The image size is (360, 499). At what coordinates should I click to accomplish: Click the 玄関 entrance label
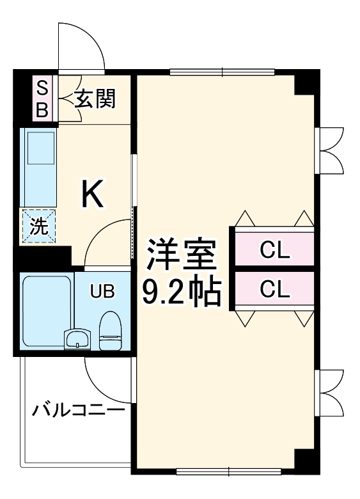pyautogui.click(x=95, y=99)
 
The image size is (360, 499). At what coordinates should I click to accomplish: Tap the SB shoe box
pyautogui.click(x=42, y=99)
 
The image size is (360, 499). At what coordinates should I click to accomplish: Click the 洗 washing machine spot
pyautogui.click(x=38, y=226)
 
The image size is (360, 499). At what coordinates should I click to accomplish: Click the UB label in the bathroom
pyautogui.click(x=102, y=291)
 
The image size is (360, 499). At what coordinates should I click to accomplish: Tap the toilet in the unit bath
pyautogui.click(x=110, y=331)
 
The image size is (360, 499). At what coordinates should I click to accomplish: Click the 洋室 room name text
pyautogui.click(x=180, y=255)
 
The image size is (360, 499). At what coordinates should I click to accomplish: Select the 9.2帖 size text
pyautogui.click(x=180, y=291)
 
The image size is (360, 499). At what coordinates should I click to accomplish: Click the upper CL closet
pyautogui.click(x=275, y=250)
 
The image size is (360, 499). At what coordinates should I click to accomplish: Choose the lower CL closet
pyautogui.click(x=275, y=290)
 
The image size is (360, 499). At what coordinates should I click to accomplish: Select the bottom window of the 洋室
pyautogui.click(x=229, y=473)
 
